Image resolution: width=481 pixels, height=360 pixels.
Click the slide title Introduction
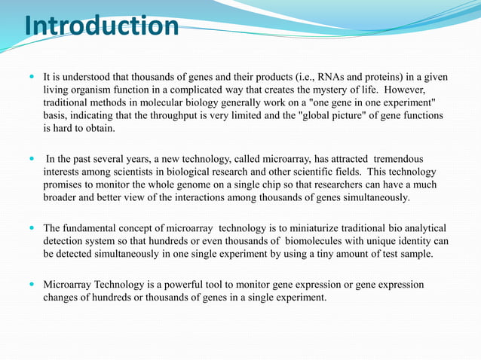[102, 27]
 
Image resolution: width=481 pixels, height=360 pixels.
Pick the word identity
[415, 241]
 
